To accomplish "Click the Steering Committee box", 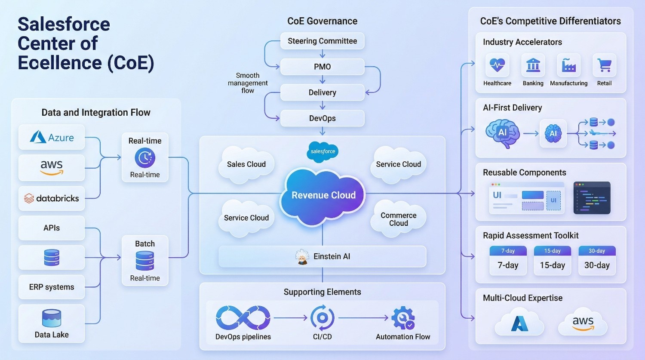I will pyautogui.click(x=322, y=41).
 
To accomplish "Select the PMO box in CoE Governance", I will pyautogui.click(x=322, y=67).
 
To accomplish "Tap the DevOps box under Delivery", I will pyautogui.click(x=322, y=118).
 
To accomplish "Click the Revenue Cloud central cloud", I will pyautogui.click(x=323, y=195).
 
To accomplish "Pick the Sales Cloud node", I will pyautogui.click(x=246, y=164).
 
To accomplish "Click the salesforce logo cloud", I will pyautogui.click(x=323, y=151).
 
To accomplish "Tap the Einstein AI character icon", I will pyautogui.click(x=302, y=257).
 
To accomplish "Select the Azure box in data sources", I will pyautogui.click(x=52, y=138).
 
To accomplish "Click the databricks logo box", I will pyautogui.click(x=52, y=198).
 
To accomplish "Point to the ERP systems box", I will pyautogui.click(x=52, y=287).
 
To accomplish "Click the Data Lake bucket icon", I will pyautogui.click(x=52, y=318).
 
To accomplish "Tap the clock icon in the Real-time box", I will pyautogui.click(x=145, y=158).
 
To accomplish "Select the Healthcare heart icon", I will pyautogui.click(x=497, y=65).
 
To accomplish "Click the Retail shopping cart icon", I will pyautogui.click(x=604, y=65).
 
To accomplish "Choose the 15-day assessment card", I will pyautogui.click(x=552, y=261).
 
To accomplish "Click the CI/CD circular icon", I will pyautogui.click(x=322, y=318).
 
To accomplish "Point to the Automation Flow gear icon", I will pyautogui.click(x=403, y=318).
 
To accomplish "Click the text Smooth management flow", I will pyautogui.click(x=248, y=83).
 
